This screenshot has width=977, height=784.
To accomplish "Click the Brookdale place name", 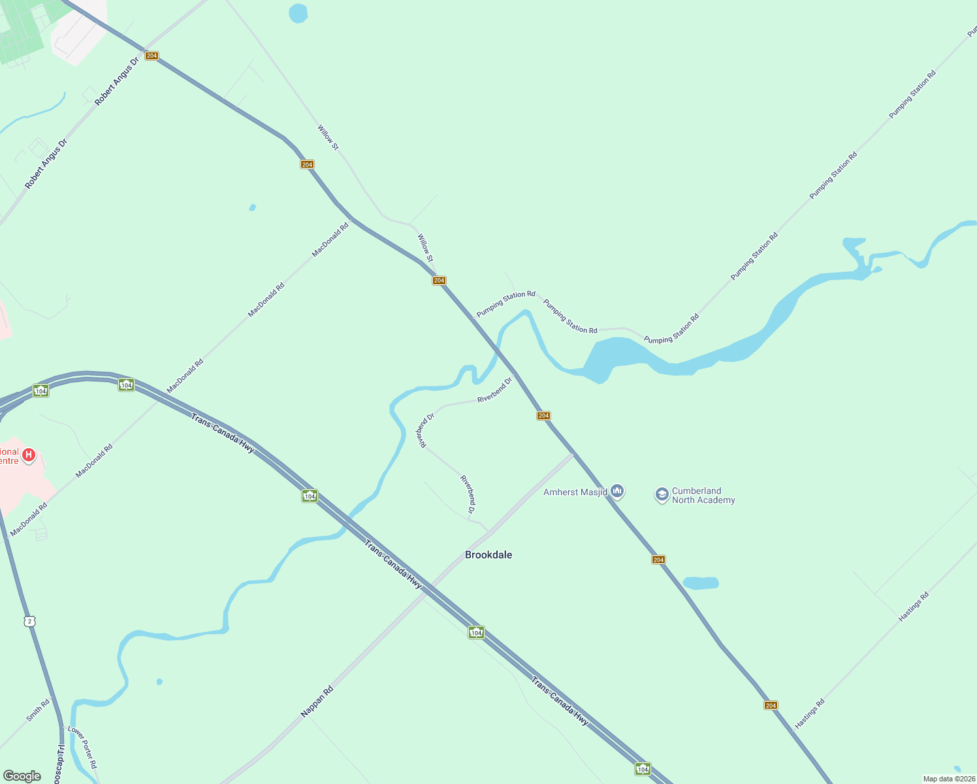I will [488, 555].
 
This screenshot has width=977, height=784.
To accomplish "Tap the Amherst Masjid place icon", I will [617, 491].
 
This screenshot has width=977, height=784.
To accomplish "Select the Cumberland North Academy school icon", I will [662, 495].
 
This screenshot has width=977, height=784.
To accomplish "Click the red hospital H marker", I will [29, 455].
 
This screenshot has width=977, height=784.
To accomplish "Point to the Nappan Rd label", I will [317, 702].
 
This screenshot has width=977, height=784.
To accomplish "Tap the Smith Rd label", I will [38, 710].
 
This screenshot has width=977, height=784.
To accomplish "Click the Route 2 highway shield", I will [29, 621].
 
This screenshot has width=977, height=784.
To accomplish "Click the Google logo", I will [22, 776].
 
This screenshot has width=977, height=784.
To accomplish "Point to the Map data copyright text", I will [949, 779].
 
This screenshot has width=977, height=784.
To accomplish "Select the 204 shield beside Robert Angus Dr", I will [152, 56].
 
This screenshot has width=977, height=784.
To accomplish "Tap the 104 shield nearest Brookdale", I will [476, 632].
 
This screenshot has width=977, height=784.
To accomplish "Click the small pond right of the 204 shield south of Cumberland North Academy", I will [701, 583].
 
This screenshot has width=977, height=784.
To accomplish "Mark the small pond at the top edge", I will [298, 13].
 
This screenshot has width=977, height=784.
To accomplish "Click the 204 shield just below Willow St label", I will [439, 280].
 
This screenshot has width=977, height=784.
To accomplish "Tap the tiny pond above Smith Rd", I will [159, 682].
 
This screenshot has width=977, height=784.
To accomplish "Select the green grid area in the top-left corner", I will [23, 33].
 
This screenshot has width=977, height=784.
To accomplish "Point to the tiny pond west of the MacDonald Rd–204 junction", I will [252, 208].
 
